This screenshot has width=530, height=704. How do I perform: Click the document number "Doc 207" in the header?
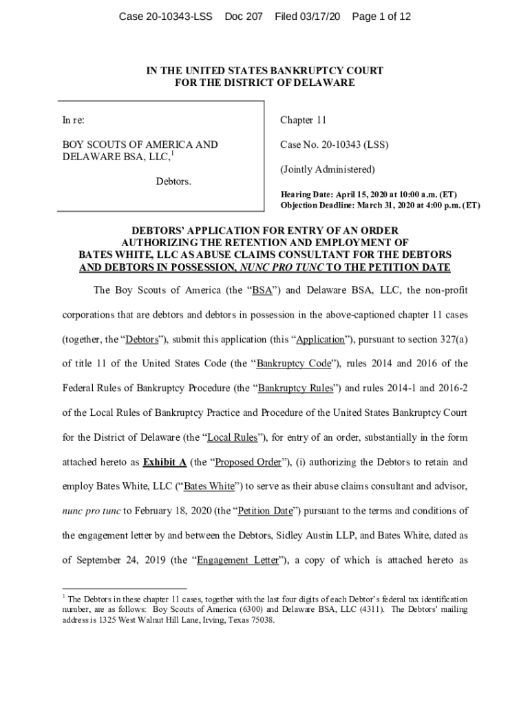244,16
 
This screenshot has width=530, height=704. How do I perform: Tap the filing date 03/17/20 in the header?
317,16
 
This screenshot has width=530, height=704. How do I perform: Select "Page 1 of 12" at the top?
381,16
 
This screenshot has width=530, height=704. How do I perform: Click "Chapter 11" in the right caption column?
303,120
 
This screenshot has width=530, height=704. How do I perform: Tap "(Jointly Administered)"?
327,169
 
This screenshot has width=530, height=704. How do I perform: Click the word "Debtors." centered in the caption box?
173,181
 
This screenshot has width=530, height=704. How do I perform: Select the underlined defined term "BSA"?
262,290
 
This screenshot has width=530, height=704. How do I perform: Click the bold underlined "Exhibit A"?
165,462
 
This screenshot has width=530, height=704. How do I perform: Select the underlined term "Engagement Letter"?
237,560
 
